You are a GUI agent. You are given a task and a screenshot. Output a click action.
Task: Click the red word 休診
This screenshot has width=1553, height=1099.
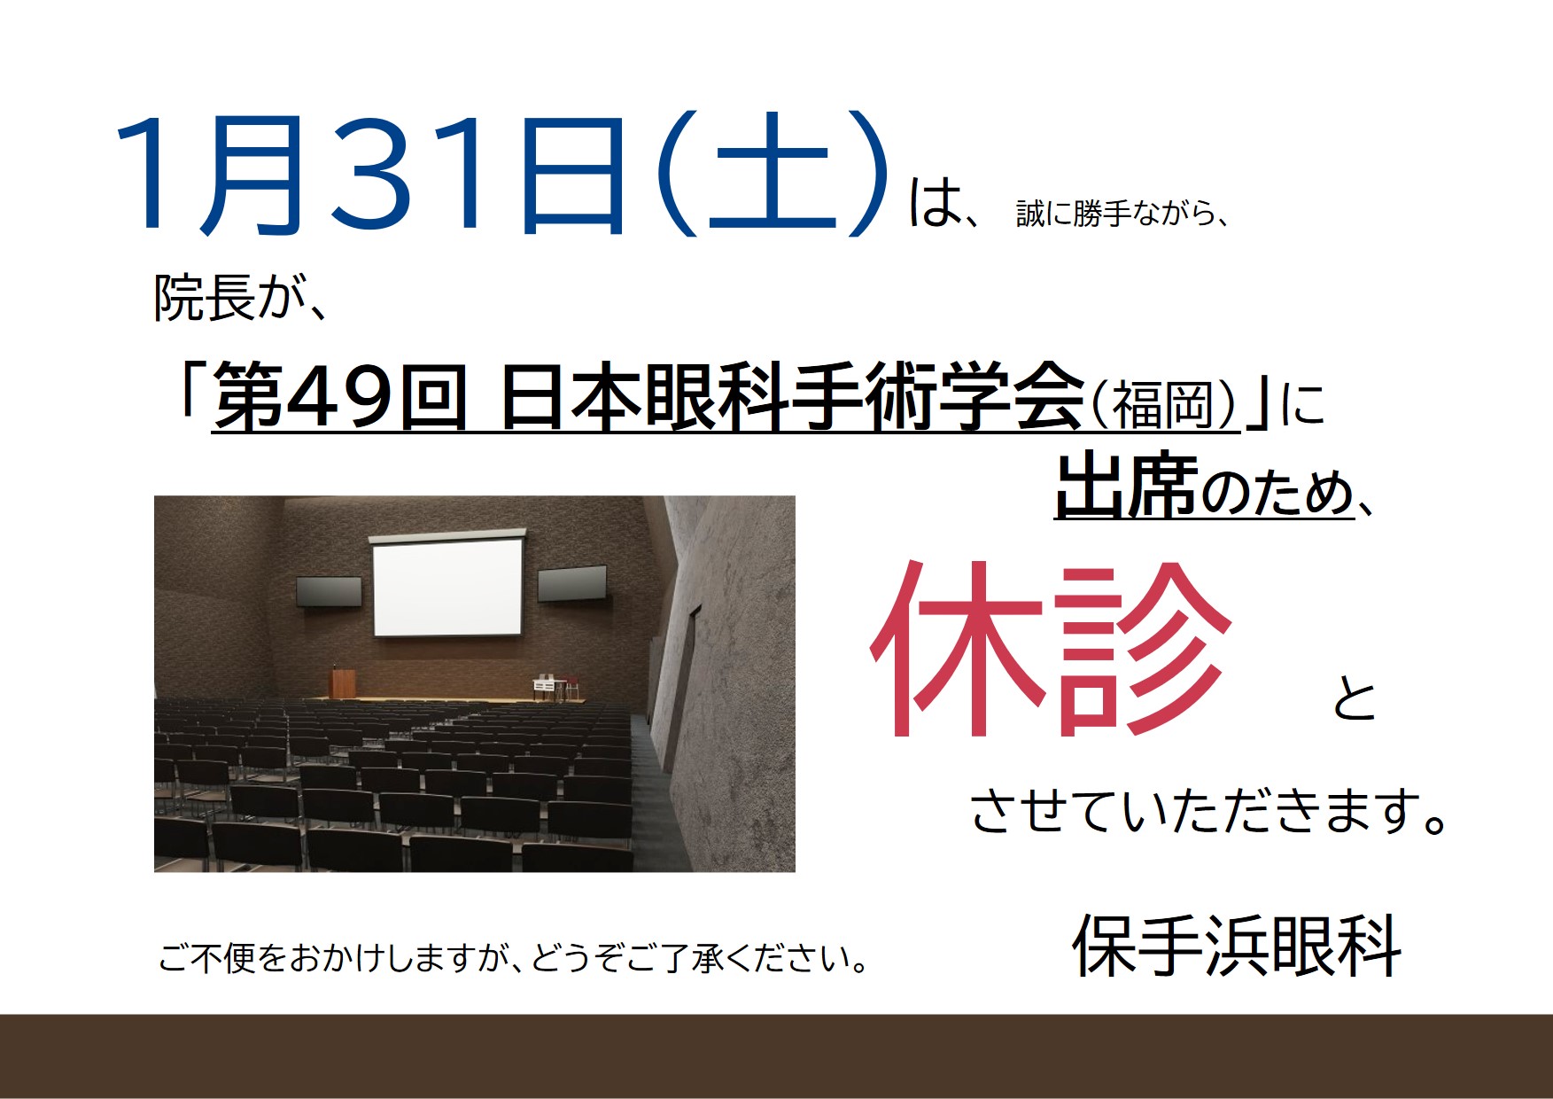point(1052,650)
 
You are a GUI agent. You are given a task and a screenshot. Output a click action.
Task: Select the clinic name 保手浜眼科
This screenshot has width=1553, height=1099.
point(1237,946)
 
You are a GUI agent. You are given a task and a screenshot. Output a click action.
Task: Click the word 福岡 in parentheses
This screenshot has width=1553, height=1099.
point(1161,405)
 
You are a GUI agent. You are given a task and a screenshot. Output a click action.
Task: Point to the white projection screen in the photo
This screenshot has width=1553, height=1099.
point(447,588)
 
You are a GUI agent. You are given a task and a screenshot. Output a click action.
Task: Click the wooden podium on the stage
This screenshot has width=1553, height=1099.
point(343,682)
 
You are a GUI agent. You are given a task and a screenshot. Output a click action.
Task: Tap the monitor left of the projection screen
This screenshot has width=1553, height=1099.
point(329,592)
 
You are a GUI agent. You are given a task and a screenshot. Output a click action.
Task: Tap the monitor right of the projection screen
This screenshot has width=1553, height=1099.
point(572,583)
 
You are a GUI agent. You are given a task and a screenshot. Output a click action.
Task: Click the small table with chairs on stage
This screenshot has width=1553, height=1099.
point(555,689)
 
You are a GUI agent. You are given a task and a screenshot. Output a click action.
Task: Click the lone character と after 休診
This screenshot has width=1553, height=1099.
point(1355,699)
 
